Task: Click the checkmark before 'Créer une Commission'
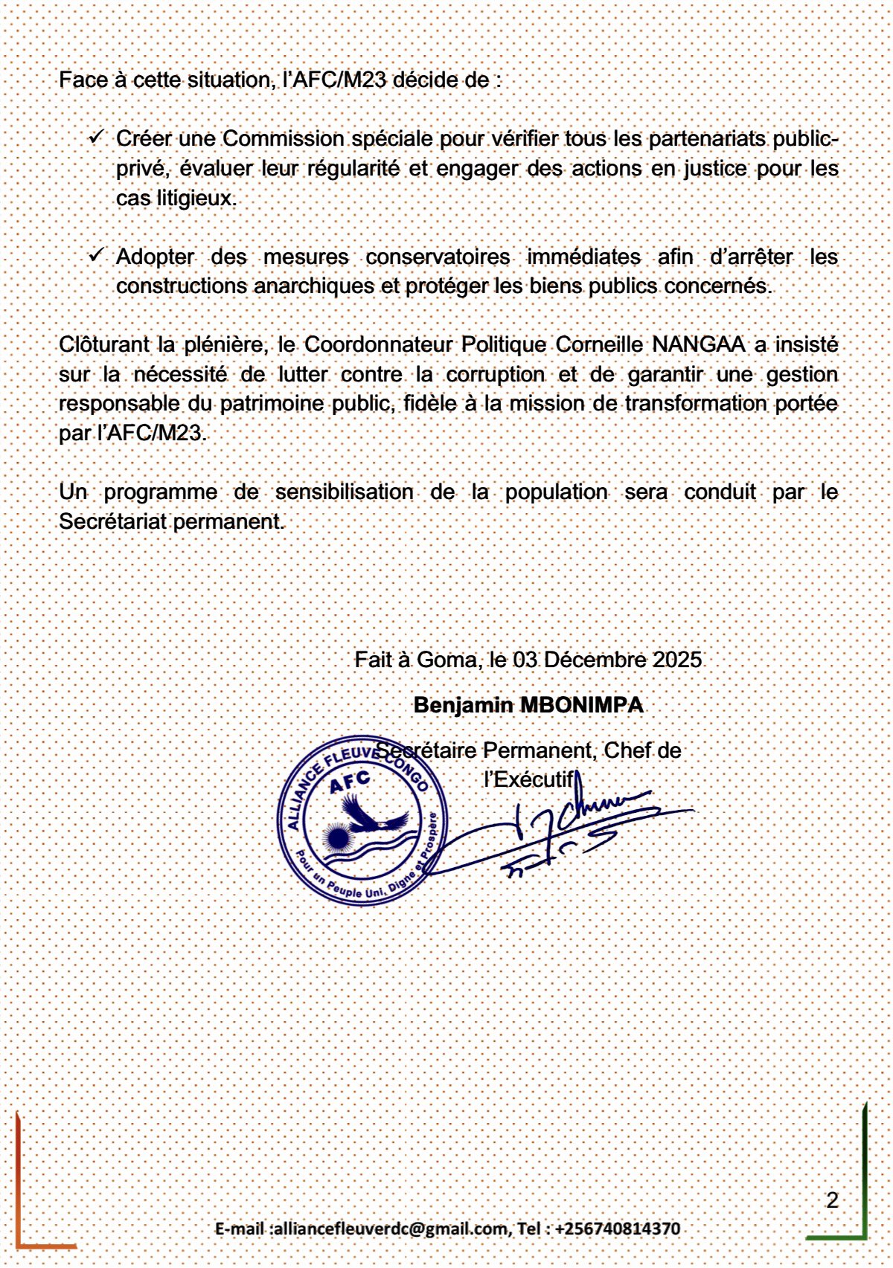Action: (x=97, y=138)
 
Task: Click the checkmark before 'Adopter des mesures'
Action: (x=97, y=255)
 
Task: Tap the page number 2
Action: (x=832, y=1200)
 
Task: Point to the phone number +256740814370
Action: (x=618, y=1229)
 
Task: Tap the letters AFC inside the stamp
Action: (x=350, y=782)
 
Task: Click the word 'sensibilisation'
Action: (x=344, y=492)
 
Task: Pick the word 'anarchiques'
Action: (x=314, y=286)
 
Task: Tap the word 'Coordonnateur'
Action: (x=378, y=345)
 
